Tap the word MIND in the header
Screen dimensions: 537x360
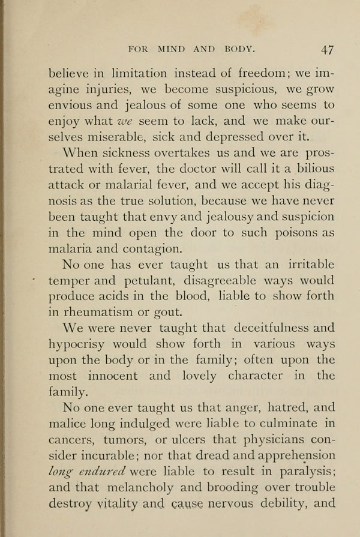(x=176, y=48)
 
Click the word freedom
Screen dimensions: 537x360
(x=259, y=75)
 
